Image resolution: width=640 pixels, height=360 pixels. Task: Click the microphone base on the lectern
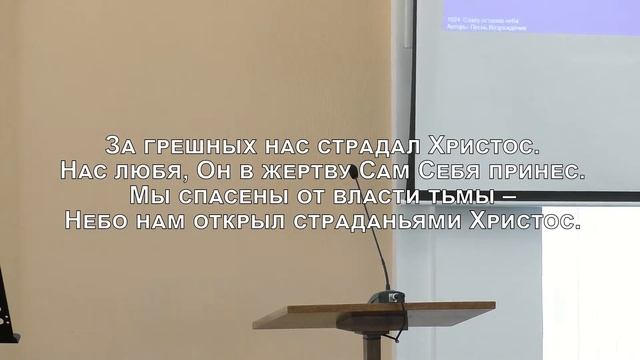coord(385,297)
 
